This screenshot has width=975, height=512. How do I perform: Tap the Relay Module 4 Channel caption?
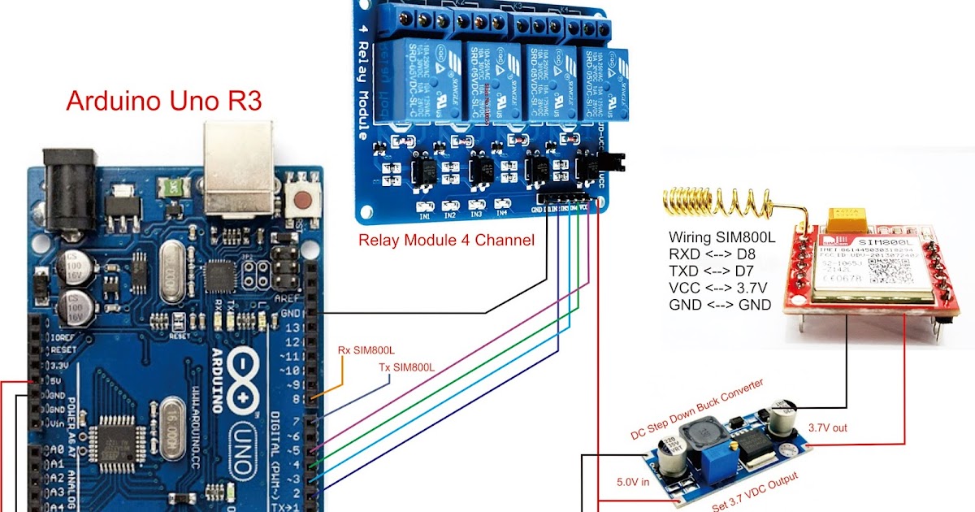pos(446,241)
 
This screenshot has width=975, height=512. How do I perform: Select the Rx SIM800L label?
pos(366,350)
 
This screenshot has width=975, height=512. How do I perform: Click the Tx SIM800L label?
pos(407,368)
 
